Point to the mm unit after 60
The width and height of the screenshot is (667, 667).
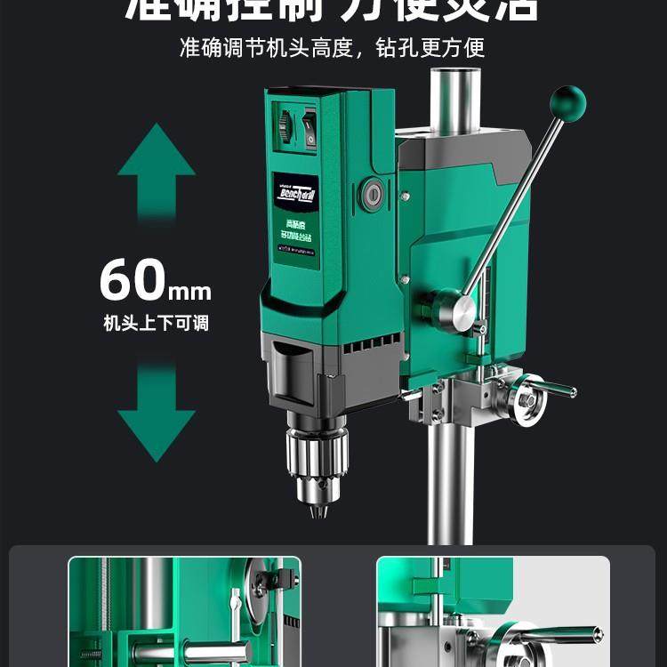pyautogui.click(x=189, y=290)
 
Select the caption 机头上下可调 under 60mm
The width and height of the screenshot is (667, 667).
pyautogui.click(x=156, y=323)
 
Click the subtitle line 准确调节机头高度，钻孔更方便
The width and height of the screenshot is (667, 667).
pyautogui.click(x=333, y=47)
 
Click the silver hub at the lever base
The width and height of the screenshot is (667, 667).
pyautogui.click(x=463, y=311)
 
